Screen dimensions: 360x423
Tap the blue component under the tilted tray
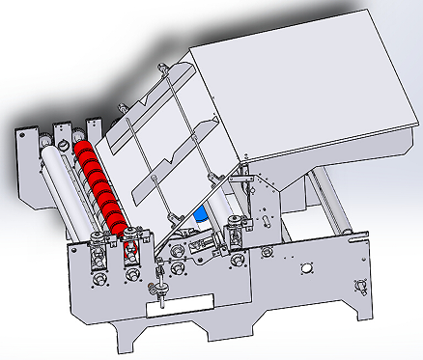(201, 215)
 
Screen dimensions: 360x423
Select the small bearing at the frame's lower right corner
(360, 285)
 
